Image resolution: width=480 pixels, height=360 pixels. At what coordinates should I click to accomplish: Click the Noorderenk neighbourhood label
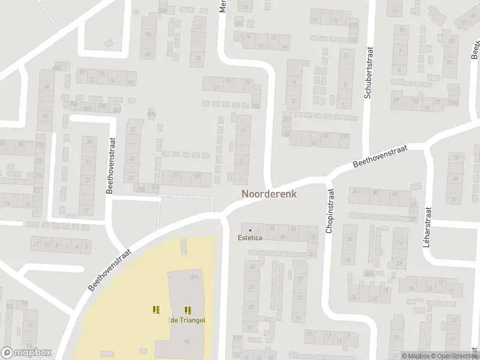pos(269,194)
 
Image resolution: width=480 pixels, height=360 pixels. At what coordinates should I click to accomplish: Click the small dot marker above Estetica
pos(250,230)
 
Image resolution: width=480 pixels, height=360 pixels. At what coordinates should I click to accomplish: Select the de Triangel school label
pos(188,320)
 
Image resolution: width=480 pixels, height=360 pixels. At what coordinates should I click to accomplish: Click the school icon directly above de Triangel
pos(187,310)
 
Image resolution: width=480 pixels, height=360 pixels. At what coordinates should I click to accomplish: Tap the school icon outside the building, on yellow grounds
pos(156,310)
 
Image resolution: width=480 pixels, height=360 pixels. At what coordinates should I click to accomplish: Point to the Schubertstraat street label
pos(369,73)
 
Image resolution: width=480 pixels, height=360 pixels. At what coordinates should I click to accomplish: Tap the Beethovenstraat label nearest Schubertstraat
pos(380,155)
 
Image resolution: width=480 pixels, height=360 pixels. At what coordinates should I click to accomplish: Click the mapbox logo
pos(26,353)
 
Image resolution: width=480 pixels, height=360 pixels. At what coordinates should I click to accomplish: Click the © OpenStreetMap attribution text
pos(454,356)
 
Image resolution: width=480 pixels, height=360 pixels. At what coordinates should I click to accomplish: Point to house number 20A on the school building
pos(193,277)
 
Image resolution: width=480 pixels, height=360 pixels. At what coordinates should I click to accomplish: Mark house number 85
pos(449,41)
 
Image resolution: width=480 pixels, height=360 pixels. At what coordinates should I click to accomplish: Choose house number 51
pos(176,175)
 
